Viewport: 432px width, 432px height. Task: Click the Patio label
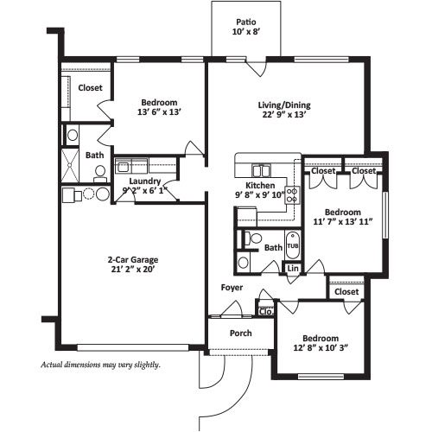point(246,22)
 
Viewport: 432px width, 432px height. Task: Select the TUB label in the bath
point(293,246)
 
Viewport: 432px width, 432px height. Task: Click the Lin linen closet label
point(293,269)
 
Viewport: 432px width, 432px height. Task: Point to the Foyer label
point(232,288)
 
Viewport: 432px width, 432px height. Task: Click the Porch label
point(241,334)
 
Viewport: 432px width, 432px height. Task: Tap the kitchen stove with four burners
point(292,195)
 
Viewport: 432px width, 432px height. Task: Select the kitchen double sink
point(261,170)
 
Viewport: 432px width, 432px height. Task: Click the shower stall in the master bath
point(70,166)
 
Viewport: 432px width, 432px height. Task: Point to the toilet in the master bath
point(100,174)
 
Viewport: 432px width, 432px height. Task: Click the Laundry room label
point(145,181)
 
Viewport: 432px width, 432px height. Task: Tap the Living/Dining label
point(284,105)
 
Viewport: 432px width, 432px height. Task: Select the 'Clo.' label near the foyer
point(265,312)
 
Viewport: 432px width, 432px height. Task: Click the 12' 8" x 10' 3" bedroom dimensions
point(321,348)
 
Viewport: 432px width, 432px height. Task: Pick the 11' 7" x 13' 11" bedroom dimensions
point(343,222)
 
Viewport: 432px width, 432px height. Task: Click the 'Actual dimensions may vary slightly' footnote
point(100,365)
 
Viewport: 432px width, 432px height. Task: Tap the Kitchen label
point(260,186)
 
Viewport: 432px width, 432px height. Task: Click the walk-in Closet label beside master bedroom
point(90,88)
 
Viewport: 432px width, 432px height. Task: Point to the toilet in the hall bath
point(252,238)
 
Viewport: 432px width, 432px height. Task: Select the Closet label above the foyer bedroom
point(346,292)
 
